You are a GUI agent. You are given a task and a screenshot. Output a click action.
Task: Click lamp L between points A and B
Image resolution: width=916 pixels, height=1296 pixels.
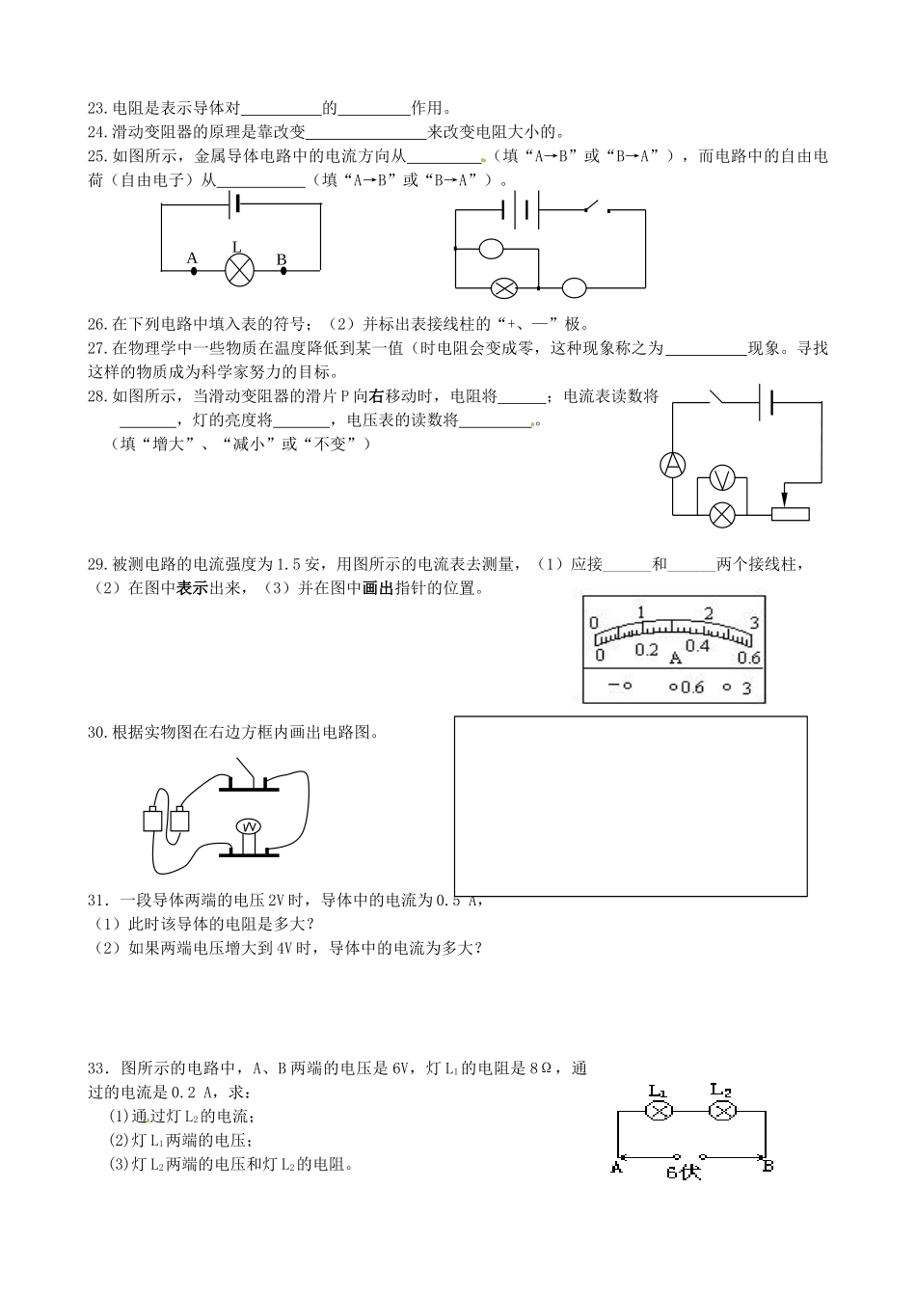[x=239, y=271]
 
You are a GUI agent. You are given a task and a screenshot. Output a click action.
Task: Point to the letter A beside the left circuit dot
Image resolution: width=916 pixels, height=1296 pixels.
[x=192, y=257]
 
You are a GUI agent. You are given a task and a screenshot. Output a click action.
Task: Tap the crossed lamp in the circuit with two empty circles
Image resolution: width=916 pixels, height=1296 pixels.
[x=503, y=286]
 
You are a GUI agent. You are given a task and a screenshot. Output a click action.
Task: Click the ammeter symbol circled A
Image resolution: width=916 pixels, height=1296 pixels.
[x=672, y=465]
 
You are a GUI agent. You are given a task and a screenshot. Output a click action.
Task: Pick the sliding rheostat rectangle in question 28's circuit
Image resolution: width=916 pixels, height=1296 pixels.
[x=791, y=514]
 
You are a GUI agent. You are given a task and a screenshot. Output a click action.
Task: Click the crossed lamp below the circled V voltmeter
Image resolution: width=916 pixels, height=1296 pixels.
[x=723, y=514]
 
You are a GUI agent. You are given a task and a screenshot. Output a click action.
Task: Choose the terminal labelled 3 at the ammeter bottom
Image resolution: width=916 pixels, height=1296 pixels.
[x=745, y=688]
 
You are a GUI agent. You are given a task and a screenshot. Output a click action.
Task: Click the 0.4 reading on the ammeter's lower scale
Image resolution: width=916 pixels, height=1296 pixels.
[x=696, y=645]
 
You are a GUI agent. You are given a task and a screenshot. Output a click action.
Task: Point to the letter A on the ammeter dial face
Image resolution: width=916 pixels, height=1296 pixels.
[x=675, y=657]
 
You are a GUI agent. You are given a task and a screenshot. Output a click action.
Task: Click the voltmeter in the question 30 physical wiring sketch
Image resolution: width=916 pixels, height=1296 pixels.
[x=249, y=827]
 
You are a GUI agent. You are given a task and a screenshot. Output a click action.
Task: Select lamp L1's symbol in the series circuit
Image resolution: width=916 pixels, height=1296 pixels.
[x=659, y=1111]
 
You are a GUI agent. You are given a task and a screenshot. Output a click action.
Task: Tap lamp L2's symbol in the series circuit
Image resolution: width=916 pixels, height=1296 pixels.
[x=722, y=1111]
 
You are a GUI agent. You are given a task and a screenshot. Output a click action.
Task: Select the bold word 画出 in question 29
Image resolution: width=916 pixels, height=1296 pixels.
[x=377, y=588]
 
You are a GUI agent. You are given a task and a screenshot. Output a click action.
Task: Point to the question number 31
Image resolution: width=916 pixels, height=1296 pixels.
[x=99, y=901]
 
